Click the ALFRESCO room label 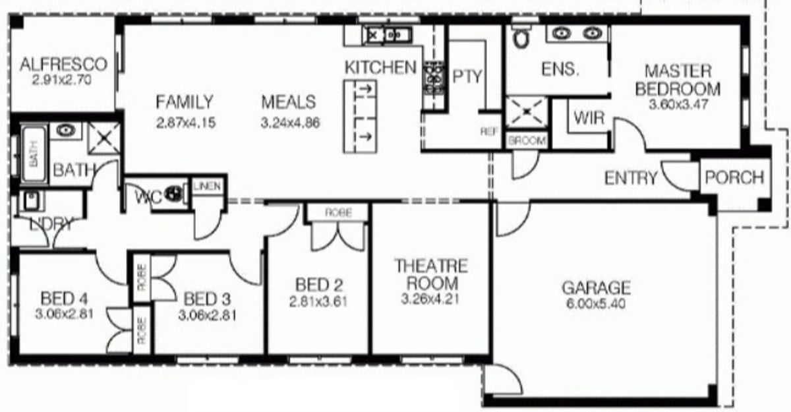click(63, 65)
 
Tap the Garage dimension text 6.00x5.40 click(596, 304)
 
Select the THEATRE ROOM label click(431, 275)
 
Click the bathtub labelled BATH click(34, 154)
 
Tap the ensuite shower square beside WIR click(527, 111)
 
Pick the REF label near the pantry click(489, 132)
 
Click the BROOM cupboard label click(527, 141)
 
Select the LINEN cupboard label click(207, 186)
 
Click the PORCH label click(734, 177)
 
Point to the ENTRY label click(631, 178)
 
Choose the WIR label click(589, 117)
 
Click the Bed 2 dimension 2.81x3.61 click(318, 302)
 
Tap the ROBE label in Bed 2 click(338, 212)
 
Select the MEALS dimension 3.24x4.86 click(290, 123)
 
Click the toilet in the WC click(174, 193)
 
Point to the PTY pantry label click(467, 76)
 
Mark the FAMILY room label click(185, 102)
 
